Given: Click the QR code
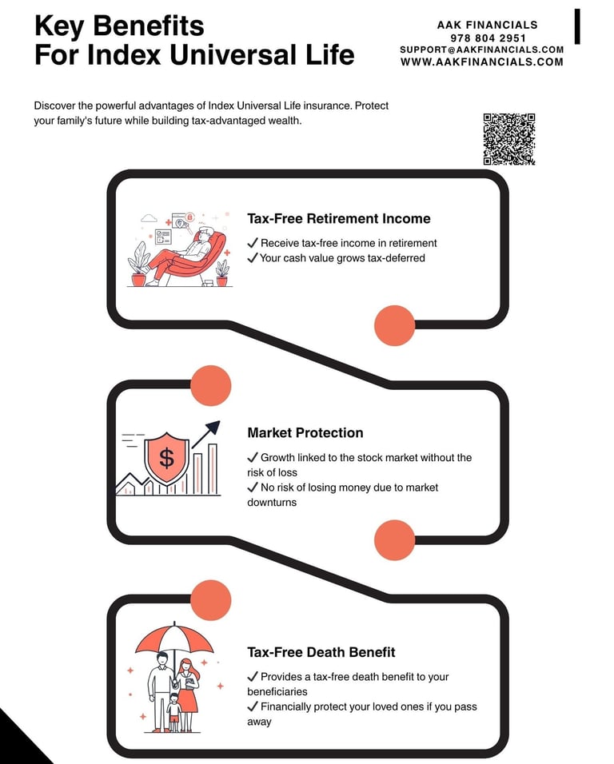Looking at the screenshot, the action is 508,139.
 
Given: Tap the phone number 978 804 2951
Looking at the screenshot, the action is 488,38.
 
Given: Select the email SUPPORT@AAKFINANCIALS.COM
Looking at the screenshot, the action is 482,50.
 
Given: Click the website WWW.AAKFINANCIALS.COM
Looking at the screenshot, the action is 482,62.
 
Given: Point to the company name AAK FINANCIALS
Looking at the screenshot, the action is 488,25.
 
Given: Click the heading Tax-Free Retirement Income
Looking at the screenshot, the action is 339,219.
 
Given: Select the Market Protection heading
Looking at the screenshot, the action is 305,433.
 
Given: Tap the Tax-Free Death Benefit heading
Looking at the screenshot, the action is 321,652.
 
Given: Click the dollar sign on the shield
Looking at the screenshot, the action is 166,458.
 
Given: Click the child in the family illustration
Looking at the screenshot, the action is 174,711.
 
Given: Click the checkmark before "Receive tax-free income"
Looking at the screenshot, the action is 253,243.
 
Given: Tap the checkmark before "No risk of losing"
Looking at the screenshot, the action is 253,487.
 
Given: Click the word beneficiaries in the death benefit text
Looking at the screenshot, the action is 277,691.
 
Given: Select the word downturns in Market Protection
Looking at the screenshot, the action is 272,503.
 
